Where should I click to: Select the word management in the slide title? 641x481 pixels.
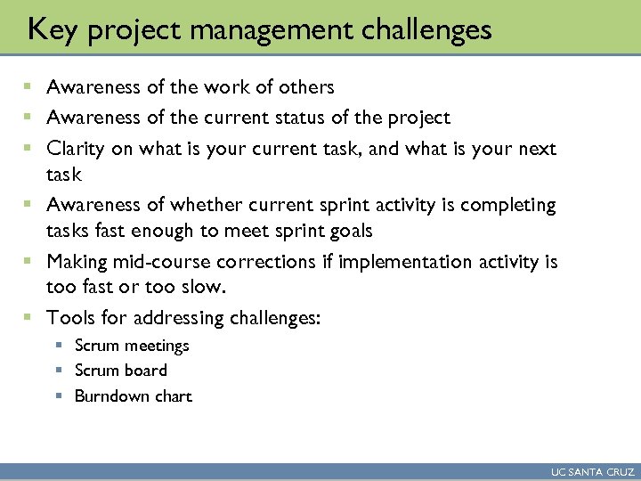coord(252,30)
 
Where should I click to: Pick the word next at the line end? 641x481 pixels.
coord(536,149)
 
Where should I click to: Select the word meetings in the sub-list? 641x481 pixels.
coord(157,346)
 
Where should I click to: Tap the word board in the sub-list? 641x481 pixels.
coord(145,371)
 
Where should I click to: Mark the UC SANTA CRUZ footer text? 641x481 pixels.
coord(592,472)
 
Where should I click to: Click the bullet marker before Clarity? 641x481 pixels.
coord(28,149)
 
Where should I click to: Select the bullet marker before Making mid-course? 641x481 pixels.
coord(28,262)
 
